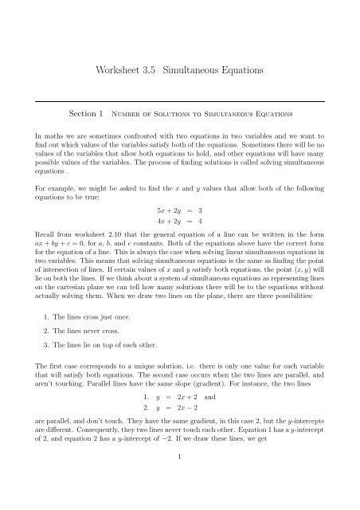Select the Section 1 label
92,115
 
